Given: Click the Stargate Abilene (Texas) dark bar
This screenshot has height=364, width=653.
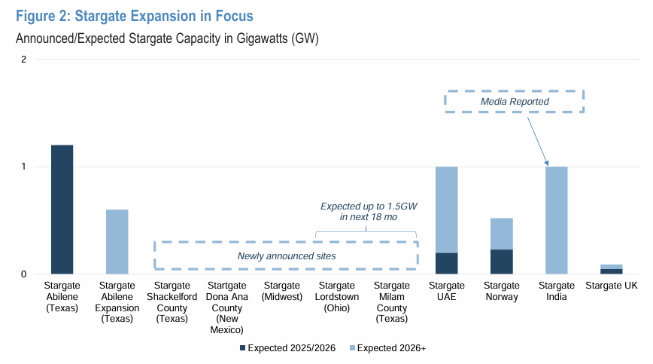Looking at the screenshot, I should coord(62,209).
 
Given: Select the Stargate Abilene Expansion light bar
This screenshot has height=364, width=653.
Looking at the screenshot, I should coord(117,241).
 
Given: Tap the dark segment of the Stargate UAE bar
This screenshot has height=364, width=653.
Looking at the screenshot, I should coord(446,263).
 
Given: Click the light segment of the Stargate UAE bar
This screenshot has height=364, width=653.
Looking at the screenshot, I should coord(446,210).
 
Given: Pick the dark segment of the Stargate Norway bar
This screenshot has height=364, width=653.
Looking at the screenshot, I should coord(502,262).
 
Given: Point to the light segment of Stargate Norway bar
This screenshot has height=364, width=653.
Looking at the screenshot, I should coord(502,234).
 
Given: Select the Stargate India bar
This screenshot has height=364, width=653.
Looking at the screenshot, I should coord(556,220).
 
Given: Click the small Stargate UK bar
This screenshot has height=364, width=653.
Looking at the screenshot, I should coord(611,270).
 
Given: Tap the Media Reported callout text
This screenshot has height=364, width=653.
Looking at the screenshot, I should coord(515,102).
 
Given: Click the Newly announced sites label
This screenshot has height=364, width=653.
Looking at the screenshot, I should coord(286,256).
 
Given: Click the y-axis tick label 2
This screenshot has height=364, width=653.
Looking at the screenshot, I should coord(24,60).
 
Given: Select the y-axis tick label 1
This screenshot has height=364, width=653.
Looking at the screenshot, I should coord(24,167).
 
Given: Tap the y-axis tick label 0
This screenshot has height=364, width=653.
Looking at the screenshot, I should coord(24,274).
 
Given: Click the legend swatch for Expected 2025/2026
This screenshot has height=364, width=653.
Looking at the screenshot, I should coord(242,348).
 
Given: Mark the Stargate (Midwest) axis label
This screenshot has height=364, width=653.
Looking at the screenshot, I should coord(281,291).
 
